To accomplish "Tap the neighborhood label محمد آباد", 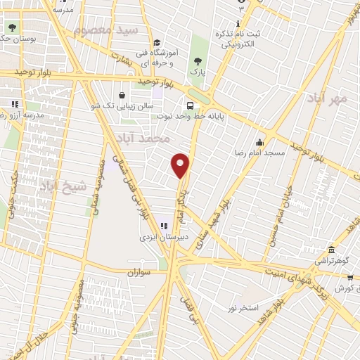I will pos(145,138).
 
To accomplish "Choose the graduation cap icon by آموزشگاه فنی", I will pos(157,43).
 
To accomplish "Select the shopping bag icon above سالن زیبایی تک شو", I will pos(122,95).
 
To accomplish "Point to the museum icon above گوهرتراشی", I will pos(331,251).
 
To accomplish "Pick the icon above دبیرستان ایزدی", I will pos(164,226).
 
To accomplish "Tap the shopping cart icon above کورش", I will pos(350,278).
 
